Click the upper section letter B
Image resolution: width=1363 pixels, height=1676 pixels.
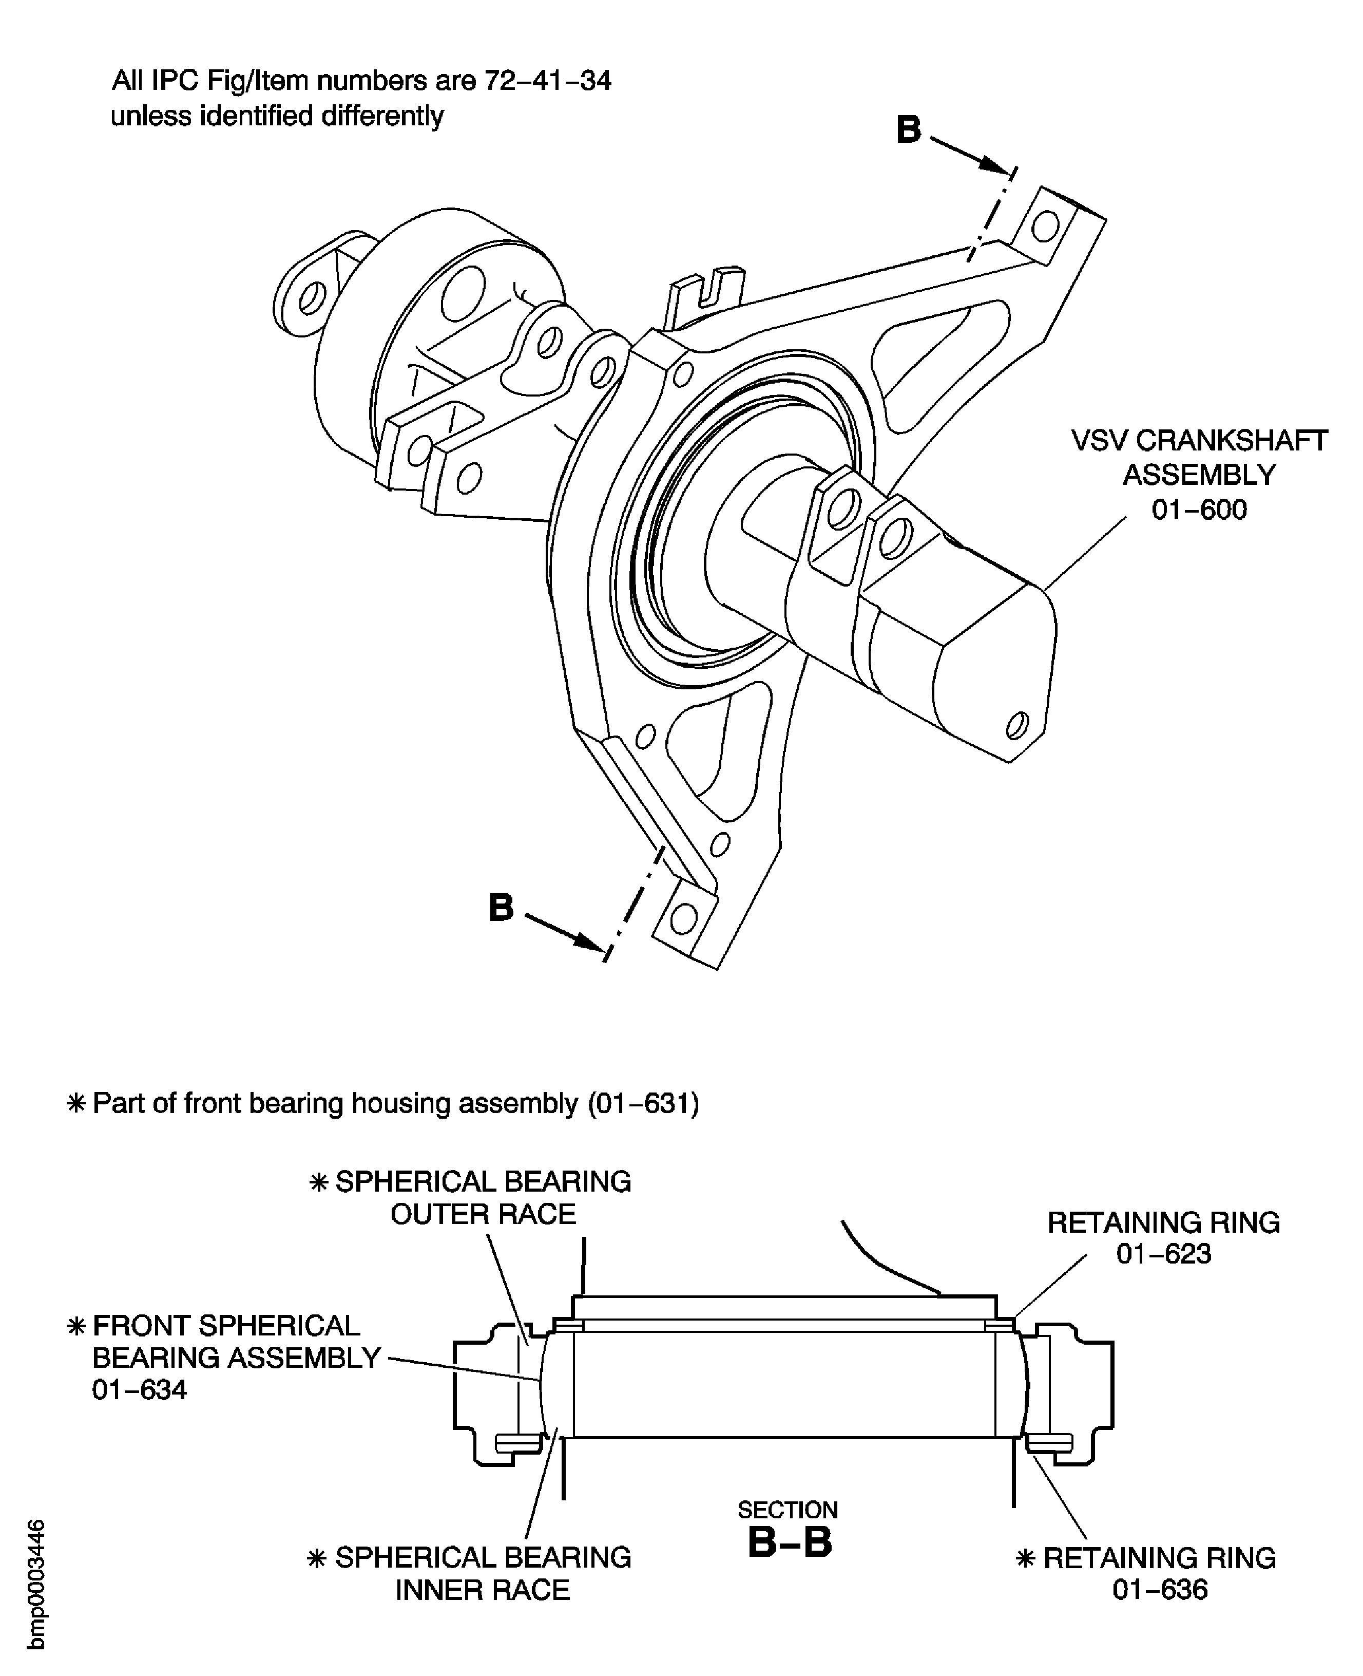[908, 130]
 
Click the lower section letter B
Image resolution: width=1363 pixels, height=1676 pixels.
[501, 908]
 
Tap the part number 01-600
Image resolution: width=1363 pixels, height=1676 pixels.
[1199, 510]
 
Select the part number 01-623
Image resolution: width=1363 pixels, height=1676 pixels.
[1164, 1253]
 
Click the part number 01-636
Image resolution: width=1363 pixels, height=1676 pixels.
[1160, 1590]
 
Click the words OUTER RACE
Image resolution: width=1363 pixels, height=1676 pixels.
[483, 1214]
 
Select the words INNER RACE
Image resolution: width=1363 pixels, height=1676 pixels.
[482, 1590]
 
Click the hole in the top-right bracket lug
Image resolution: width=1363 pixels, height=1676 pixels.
[1044, 226]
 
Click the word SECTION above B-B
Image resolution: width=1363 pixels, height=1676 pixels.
[788, 1510]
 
